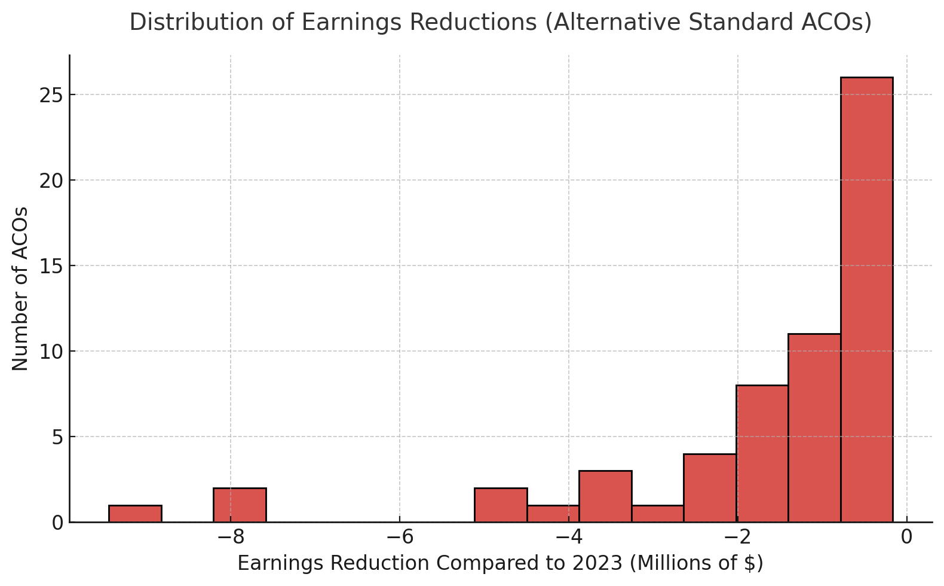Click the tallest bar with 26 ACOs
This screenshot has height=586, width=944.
[866, 299]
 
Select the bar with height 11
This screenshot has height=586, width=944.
[814, 428]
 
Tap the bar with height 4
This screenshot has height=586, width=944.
[710, 487]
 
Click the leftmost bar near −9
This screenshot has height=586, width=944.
[135, 514]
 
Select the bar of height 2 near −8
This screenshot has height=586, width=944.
[240, 505]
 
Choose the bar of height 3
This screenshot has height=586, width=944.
[605, 496]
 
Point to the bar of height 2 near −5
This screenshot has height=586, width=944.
[501, 505]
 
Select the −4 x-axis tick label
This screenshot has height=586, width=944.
[568, 537]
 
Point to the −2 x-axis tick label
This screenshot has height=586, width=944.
[737, 537]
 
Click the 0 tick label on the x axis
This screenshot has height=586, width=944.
[906, 537]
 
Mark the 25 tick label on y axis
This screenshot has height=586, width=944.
[51, 95]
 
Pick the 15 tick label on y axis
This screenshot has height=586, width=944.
[51, 266]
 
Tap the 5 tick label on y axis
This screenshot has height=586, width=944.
[57, 437]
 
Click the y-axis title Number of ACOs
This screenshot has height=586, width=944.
[20, 288]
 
